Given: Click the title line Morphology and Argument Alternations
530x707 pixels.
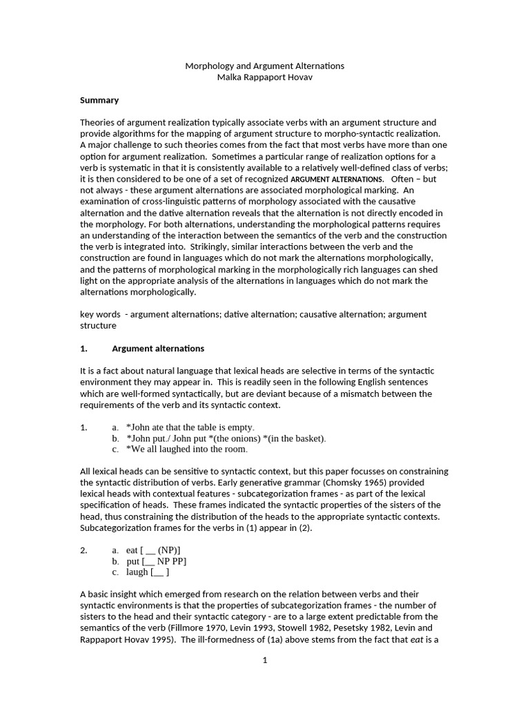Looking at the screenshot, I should click(x=264, y=66).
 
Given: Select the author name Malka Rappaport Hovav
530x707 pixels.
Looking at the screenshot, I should click(x=264, y=77).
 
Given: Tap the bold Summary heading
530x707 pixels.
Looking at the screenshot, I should click(x=99, y=100).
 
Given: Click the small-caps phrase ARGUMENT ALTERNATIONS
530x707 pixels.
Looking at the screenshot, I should click(x=337, y=180).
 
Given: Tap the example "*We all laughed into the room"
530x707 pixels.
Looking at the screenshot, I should click(x=186, y=449).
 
